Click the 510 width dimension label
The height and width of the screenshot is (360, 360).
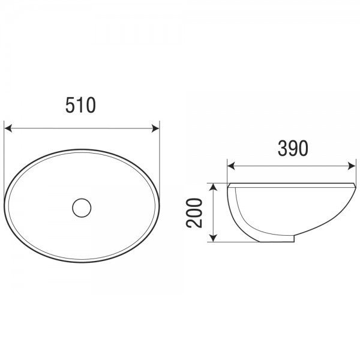80,105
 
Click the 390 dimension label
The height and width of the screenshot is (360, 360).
293,148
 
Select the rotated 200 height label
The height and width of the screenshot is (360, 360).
194,213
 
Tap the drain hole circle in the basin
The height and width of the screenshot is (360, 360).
82,208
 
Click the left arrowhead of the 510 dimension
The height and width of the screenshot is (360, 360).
8,128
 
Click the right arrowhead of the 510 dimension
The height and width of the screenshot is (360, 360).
155,128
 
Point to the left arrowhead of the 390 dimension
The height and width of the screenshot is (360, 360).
231,166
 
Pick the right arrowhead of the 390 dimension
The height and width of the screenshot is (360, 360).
352,166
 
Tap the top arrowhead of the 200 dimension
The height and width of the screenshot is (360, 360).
214,187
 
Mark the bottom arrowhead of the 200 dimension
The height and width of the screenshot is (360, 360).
214,238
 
